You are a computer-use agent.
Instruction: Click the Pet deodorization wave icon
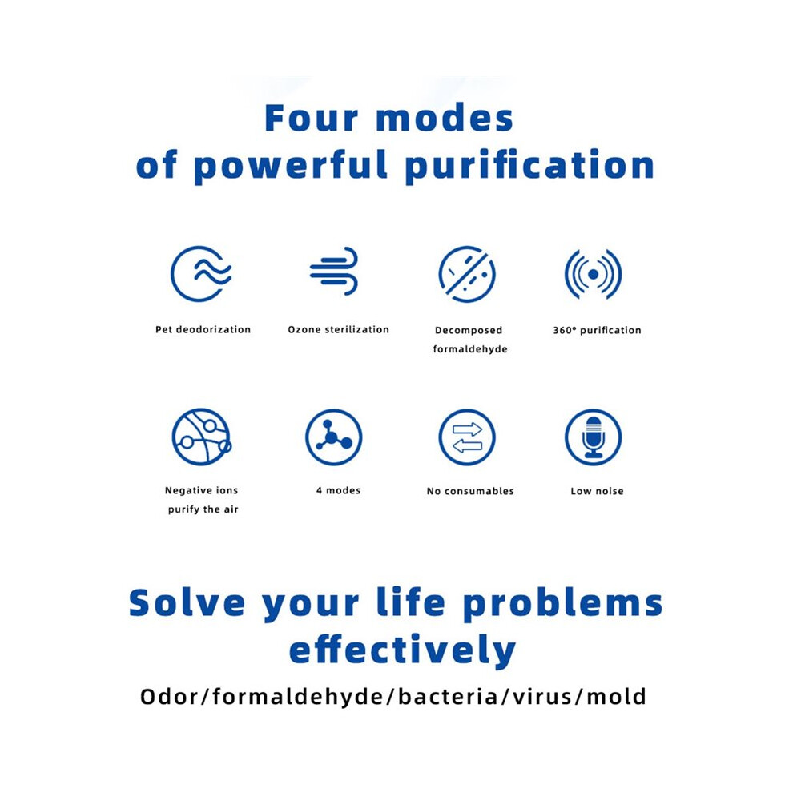[x=201, y=274]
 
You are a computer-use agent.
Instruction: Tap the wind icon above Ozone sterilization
[x=334, y=271]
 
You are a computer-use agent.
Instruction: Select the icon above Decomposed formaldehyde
[x=467, y=274]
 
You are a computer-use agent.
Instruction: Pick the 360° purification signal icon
[x=594, y=274]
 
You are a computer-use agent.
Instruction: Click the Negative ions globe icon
[x=201, y=437]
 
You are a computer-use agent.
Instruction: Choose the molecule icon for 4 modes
[x=334, y=437]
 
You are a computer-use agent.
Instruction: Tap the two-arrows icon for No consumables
[x=467, y=437]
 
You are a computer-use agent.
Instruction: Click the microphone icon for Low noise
[x=594, y=437]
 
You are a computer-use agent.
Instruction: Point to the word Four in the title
[x=312, y=119]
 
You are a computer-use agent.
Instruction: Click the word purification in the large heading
[x=529, y=165]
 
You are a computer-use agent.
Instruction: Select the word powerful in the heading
[x=292, y=165]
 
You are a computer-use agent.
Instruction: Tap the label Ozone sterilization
[x=338, y=330]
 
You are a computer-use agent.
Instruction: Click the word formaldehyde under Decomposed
[x=470, y=349]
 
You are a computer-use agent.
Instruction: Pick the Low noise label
[x=597, y=491]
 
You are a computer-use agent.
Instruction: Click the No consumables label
[x=470, y=491]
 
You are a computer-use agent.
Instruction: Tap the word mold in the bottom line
[x=617, y=697]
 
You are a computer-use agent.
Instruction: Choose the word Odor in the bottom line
[x=169, y=697]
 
